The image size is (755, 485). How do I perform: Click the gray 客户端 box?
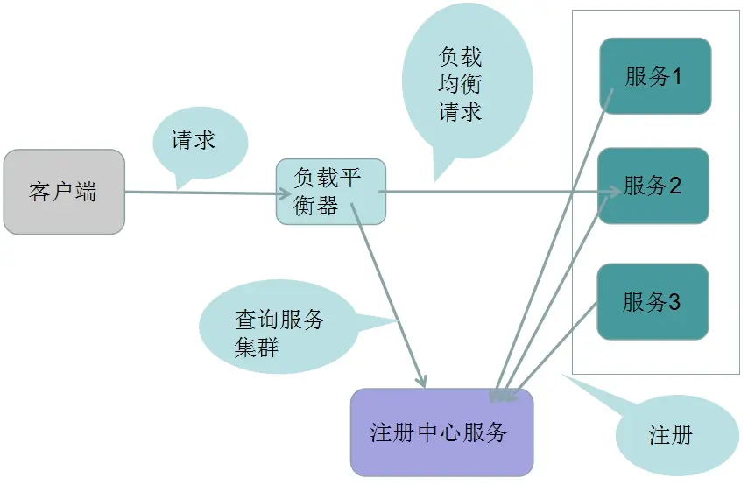(63, 192)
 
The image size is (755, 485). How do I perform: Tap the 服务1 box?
(654, 75)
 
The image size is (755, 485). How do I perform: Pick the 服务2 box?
(653, 186)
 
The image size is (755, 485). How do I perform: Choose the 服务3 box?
(653, 302)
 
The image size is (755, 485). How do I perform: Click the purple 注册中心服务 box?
(441, 432)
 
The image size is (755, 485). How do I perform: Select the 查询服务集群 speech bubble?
(279, 332)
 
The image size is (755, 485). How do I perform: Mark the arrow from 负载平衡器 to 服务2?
(490, 190)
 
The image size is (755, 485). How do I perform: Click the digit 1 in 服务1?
(677, 76)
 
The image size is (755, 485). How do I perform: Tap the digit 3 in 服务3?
(674, 303)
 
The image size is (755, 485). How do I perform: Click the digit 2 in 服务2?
(675, 186)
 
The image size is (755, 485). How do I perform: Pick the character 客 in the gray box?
(39, 193)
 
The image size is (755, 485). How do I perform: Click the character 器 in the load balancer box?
(328, 206)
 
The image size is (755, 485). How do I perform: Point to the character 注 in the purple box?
(382, 433)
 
